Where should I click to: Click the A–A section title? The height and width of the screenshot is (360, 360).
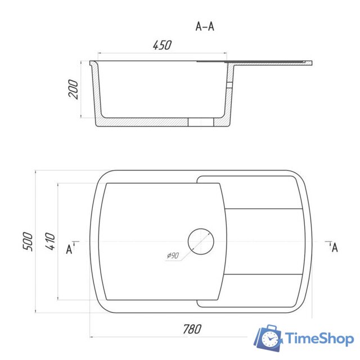point(205,26)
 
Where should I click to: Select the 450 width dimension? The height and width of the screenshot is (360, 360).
point(162,45)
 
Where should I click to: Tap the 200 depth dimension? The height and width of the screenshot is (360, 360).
point(73,89)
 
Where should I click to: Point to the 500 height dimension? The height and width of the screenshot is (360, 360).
point(28,241)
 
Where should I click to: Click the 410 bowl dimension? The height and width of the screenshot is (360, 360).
point(50,241)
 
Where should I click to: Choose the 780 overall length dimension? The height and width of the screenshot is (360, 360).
point(192,329)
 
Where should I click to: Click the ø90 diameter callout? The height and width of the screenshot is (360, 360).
point(173,255)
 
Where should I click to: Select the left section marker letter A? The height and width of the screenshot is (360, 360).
point(69,249)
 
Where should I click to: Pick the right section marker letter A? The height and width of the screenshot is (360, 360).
point(335,247)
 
